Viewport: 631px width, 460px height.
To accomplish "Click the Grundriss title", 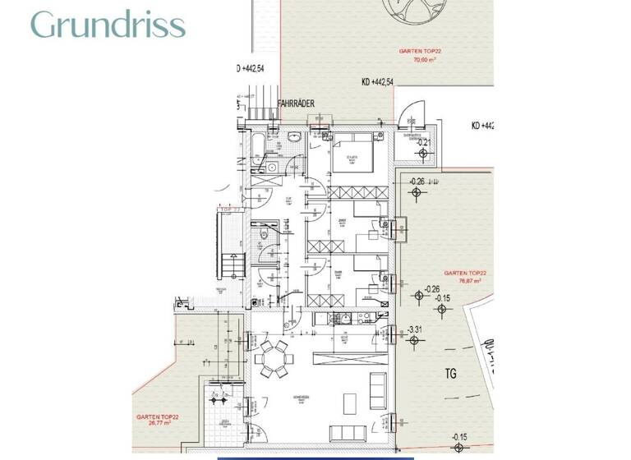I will tap(108, 25).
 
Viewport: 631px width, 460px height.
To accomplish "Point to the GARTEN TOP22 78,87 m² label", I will tap(465, 276).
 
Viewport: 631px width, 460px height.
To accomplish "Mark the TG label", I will tap(450, 374).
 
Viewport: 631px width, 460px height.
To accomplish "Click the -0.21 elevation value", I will tap(424, 143).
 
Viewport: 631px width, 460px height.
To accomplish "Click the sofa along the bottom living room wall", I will tap(349, 432).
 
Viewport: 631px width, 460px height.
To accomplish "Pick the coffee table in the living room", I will tap(348, 402).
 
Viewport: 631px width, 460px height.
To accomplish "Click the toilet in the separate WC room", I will tap(265, 236).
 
